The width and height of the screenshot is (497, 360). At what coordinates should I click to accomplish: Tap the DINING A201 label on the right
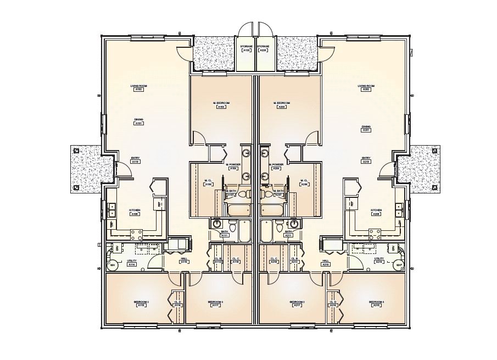pos(366,129)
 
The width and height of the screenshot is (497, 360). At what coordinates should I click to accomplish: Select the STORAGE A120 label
pos(246,48)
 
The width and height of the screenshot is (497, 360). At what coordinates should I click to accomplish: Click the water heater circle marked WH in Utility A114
pos(113,265)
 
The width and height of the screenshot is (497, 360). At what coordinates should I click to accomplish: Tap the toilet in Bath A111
pos(232,226)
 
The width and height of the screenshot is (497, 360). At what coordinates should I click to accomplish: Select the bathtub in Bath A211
pos(267,230)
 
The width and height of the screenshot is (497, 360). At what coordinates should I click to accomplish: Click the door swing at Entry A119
pos(125,171)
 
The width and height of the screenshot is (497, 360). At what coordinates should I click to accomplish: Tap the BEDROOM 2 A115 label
pos(141,303)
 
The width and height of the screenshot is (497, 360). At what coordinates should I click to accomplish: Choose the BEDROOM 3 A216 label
pos(376,303)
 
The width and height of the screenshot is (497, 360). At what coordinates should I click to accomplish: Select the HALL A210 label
pos(325,262)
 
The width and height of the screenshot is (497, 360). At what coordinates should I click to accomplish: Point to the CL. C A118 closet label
pos(236,261)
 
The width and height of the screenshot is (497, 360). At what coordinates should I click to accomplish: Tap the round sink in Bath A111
pos(216,224)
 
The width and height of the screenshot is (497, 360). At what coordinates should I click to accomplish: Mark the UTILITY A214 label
pos(379,262)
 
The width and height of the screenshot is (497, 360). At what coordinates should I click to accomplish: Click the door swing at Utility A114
pos(155,263)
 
